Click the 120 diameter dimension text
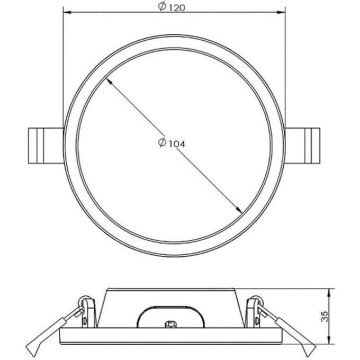177,8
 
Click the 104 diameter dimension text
177,144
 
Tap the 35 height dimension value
325,317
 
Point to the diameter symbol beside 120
162,6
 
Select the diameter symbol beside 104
162,142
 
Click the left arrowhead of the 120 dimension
67,12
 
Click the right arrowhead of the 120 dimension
281,12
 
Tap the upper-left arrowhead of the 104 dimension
109,81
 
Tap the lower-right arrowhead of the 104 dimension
239,210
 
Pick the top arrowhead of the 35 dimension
330,292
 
